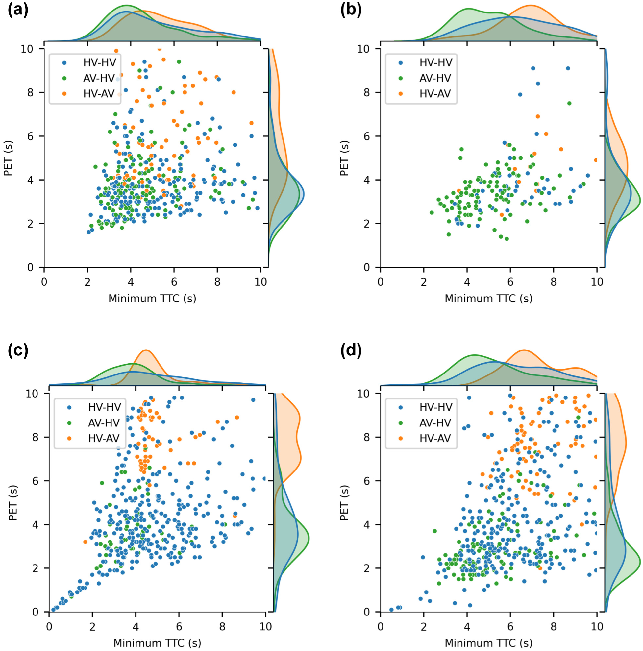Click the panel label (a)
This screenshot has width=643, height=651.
click(18, 11)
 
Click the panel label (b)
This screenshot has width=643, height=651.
click(351, 11)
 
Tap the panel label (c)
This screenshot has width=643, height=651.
click(18, 351)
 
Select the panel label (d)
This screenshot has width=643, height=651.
click(351, 351)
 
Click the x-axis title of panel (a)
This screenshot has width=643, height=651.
click(152, 299)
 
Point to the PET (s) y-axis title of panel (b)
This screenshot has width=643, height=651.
click(344, 158)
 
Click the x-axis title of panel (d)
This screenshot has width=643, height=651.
click(489, 643)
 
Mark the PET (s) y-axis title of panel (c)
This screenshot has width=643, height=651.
click(12, 502)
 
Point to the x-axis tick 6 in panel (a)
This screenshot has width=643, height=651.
click(174, 282)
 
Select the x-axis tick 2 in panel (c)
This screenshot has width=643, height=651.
click(92, 627)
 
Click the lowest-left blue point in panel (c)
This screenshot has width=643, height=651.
click(53, 610)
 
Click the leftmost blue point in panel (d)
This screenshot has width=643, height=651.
click(391, 610)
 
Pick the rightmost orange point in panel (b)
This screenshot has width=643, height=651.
click(596, 160)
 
